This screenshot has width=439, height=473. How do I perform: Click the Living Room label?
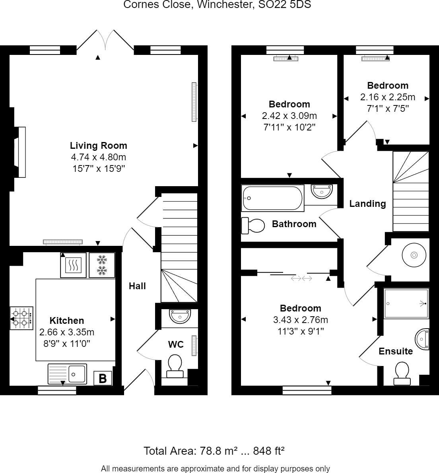point(98,146)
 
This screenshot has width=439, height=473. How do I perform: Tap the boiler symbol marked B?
point(103,378)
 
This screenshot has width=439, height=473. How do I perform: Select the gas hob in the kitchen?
point(21,318)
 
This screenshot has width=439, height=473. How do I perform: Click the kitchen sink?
point(68,374)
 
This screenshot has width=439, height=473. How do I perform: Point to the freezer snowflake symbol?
point(102,265)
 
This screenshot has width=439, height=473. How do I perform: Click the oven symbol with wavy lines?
point(74,265)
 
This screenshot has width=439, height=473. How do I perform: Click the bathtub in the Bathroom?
point(272,198)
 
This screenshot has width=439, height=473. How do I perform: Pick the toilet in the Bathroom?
point(253,226)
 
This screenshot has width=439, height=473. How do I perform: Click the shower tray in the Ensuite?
point(406,304)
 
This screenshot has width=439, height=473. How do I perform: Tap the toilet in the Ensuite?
point(402,373)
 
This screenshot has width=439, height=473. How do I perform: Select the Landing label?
point(367,204)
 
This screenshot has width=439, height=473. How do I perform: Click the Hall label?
point(137,286)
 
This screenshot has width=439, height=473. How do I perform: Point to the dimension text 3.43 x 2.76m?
point(300,320)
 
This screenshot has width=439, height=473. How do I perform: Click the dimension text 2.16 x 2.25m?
point(387,97)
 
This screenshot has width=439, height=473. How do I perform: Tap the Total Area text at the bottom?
point(214,451)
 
